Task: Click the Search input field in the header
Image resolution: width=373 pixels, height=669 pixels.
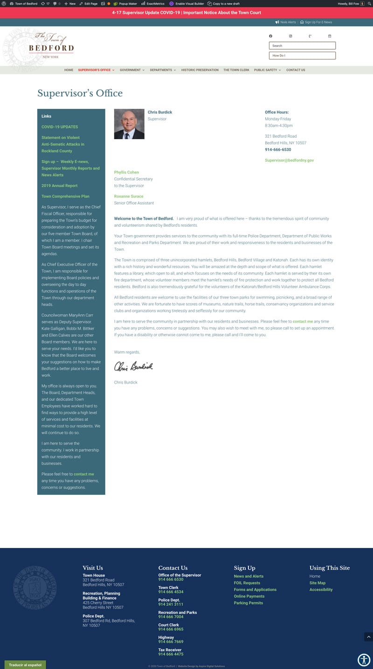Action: click(302, 46)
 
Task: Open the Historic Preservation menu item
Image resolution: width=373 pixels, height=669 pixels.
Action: click(200, 70)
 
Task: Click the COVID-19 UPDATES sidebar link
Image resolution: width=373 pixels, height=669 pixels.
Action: click(60, 127)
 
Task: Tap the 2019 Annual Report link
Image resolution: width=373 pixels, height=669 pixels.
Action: click(60, 186)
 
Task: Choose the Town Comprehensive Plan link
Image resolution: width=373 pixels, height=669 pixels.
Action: click(65, 196)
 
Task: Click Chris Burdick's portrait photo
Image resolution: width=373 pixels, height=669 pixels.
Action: click(129, 124)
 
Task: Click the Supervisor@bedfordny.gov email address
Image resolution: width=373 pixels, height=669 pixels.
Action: click(289, 160)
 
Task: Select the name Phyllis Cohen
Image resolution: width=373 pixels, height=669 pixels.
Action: click(126, 172)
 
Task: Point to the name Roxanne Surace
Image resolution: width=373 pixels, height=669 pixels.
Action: click(129, 196)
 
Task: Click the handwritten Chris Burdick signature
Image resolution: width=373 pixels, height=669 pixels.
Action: click(133, 366)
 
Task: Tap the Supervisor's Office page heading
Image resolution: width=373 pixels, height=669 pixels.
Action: click(80, 93)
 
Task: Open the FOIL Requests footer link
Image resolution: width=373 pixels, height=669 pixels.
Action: click(247, 583)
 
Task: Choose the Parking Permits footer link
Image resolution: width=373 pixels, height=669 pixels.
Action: click(249, 603)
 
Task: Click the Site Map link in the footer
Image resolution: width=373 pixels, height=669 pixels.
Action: click(318, 583)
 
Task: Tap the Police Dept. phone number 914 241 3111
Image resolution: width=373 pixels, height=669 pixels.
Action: click(171, 604)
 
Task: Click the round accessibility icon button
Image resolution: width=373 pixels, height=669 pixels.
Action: click(364, 660)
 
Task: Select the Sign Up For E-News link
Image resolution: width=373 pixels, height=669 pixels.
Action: click(318, 22)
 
